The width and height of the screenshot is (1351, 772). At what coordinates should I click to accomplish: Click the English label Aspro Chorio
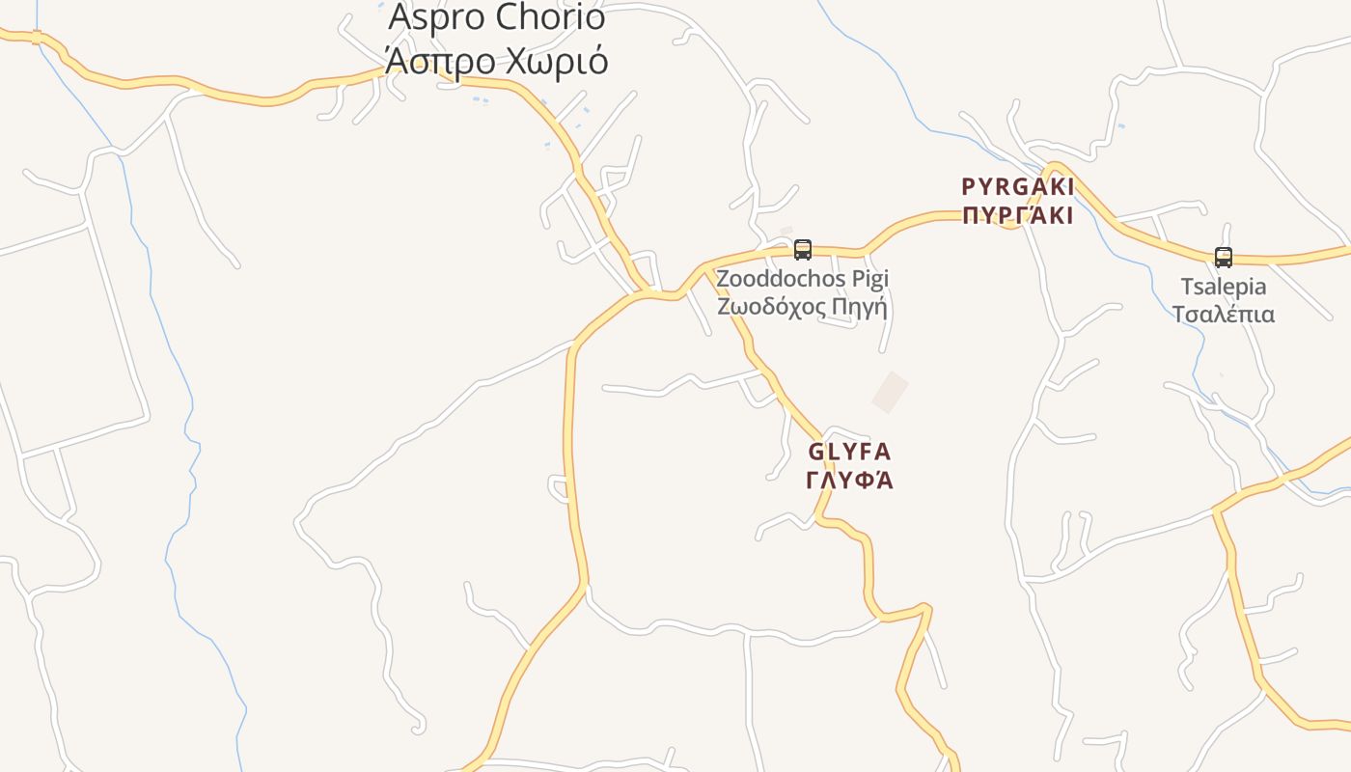(496, 17)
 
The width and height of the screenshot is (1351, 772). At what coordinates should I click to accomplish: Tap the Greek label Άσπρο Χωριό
(496, 60)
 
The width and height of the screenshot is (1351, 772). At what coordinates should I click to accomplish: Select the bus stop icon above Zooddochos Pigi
(802, 250)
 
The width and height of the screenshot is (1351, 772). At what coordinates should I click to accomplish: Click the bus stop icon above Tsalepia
(1223, 257)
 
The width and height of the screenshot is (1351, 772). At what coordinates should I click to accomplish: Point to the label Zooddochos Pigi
(802, 279)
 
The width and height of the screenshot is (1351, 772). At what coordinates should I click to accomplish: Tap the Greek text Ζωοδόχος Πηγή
(802, 306)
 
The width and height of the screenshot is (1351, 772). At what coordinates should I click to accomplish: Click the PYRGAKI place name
(1017, 186)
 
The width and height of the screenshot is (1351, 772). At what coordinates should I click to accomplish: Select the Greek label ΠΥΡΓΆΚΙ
(1017, 215)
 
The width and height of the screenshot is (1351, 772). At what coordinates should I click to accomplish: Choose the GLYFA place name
(849, 452)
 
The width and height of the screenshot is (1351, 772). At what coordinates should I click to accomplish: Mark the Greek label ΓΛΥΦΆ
(849, 480)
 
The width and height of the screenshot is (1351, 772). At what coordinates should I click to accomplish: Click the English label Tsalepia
(1224, 287)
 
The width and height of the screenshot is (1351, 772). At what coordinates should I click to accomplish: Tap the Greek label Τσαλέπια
(1224, 315)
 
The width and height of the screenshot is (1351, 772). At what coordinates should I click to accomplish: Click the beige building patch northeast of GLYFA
(890, 392)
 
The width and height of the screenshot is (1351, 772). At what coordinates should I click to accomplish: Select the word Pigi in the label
(868, 279)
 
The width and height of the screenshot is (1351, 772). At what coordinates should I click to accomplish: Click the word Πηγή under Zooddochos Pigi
(861, 306)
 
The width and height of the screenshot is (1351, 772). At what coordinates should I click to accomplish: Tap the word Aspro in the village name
(435, 17)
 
